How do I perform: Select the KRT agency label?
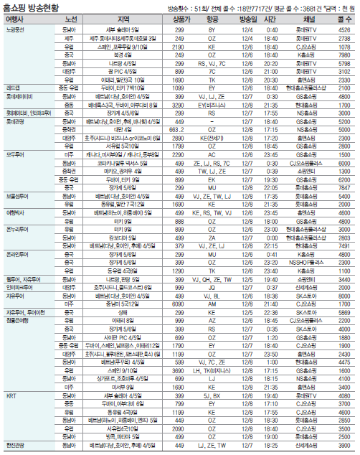point(11,395)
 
